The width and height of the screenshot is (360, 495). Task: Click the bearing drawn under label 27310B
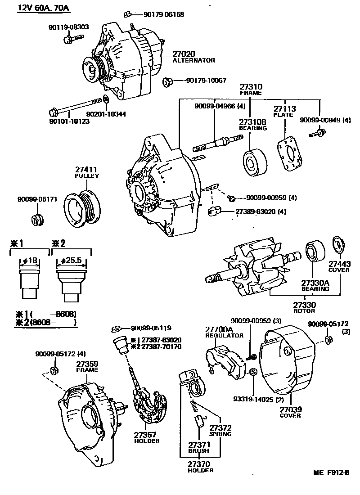coord(255,160)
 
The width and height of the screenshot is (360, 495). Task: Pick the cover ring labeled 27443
coord(337,243)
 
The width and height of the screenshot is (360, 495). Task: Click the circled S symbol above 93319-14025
coord(253,372)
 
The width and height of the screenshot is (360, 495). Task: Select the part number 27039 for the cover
coord(290,410)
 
